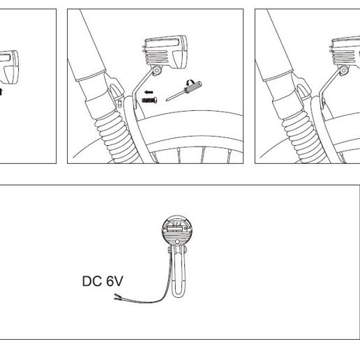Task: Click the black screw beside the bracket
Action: coord(149,100)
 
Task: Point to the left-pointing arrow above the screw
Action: coord(149,92)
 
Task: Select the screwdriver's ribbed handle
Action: coord(193,87)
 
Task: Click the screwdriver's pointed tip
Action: coord(167,100)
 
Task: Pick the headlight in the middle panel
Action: coord(165,52)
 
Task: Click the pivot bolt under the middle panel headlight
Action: coord(157,70)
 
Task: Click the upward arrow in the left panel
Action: coord(1,91)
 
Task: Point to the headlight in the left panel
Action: coord(8,68)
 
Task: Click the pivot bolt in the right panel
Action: coord(344,70)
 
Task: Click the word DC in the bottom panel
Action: coord(92,281)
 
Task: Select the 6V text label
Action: coord(114,281)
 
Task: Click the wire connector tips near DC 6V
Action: coord(118,297)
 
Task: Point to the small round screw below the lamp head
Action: coord(177,242)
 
